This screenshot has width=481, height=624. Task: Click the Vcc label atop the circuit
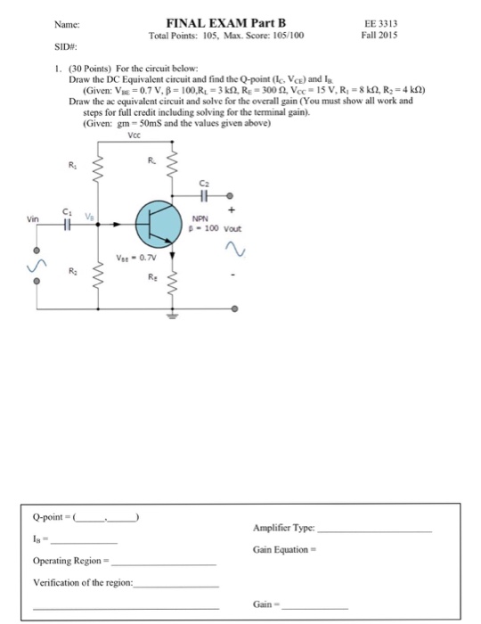134,136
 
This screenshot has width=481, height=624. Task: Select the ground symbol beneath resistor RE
173,313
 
